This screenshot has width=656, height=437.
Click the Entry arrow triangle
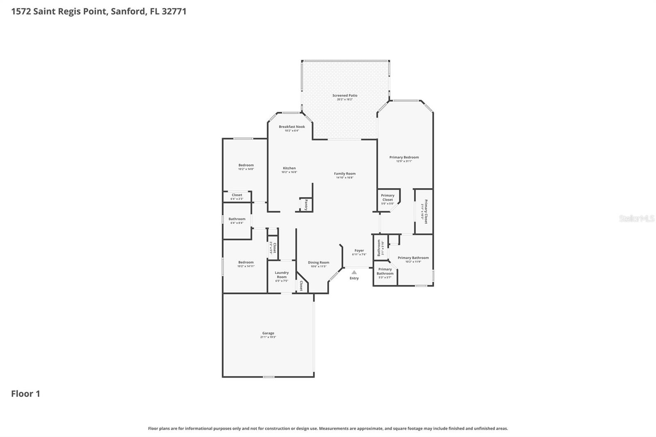[354, 272]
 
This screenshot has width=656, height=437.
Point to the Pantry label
[306, 205]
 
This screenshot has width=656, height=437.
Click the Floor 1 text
[25, 394]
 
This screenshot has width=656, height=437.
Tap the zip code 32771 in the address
[174, 11]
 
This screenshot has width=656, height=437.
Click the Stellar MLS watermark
[636, 218]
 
